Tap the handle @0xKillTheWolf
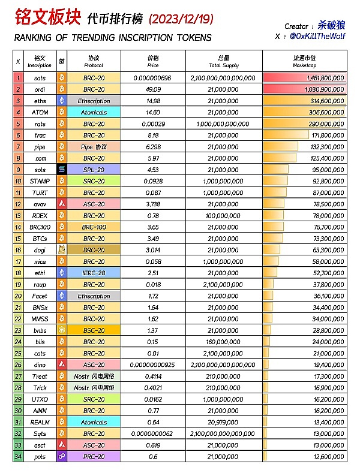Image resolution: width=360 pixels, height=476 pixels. (317, 37)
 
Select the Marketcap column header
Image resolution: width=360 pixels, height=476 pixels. (304, 61)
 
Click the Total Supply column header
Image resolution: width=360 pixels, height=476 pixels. (223, 61)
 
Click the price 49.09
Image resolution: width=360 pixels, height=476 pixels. (154, 89)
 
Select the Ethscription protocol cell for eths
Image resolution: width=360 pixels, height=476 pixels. (94, 101)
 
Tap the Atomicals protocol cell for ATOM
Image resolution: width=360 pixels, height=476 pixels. (94, 112)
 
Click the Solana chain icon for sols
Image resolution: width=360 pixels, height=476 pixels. (61, 170)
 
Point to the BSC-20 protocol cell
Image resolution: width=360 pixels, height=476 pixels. (94, 330)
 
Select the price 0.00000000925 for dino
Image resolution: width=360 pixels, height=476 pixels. (154, 364)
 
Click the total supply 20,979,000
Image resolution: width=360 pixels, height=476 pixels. (223, 422)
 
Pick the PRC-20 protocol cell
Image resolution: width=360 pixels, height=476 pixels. (94, 457)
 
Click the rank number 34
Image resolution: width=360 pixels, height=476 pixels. (18, 457)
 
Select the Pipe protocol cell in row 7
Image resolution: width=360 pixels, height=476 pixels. (94, 147)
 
